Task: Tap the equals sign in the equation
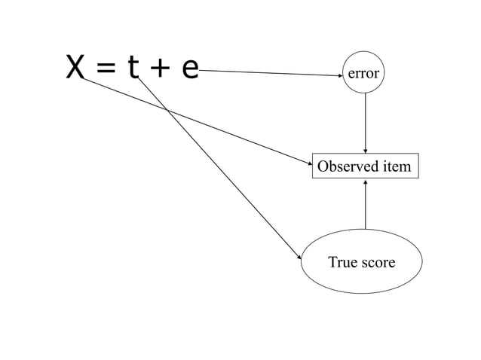(106, 69)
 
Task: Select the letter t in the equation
(133, 68)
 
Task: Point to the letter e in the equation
(189, 69)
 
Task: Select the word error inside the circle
(363, 74)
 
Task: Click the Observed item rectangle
(365, 166)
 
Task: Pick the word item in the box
(398, 166)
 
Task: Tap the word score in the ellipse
(378, 262)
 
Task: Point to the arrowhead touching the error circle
(340, 75)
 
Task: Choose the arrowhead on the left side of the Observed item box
(308, 160)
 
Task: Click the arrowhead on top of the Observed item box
(366, 151)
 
